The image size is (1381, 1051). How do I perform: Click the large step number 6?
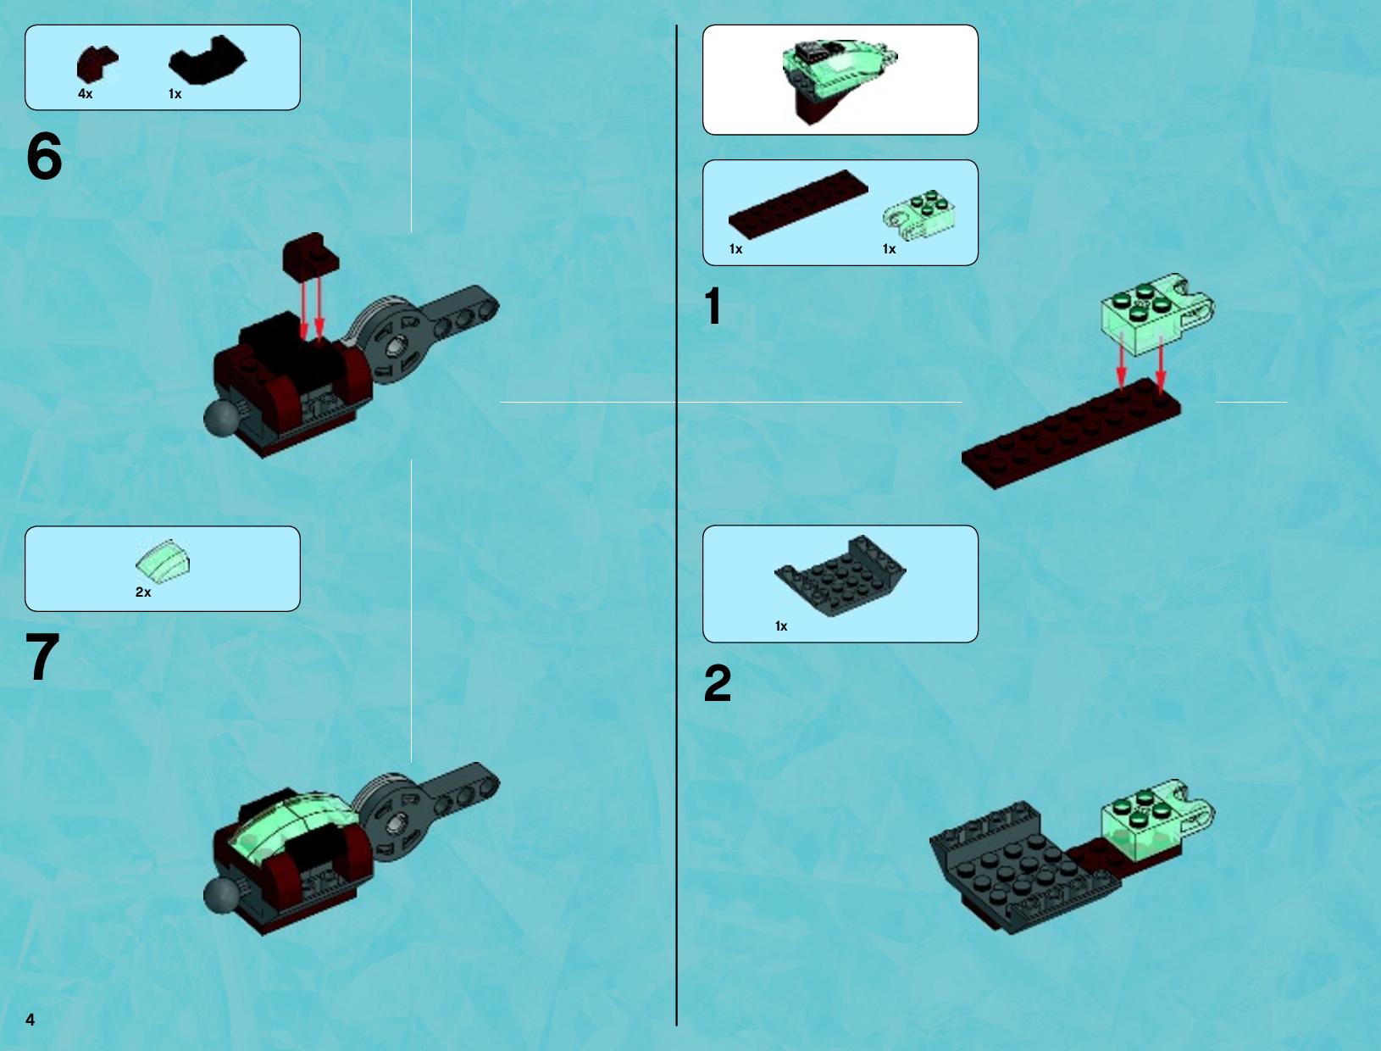44,155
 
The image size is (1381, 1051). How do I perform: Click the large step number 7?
42,656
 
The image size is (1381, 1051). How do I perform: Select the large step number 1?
713,306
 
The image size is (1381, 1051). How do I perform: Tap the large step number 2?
718,683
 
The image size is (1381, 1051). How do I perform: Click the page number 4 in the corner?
31,1020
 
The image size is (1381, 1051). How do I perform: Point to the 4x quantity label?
85,94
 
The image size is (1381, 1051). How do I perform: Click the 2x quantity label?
143,592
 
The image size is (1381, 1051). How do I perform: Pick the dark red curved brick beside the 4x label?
97,64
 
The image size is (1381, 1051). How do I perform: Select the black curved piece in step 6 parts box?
208,60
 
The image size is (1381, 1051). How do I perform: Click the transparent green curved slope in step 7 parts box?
163,560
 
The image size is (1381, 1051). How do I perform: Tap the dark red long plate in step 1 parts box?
798,204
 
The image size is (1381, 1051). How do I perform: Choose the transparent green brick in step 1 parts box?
919,214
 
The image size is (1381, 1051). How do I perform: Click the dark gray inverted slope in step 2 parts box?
840,576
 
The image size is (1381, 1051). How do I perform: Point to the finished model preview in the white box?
840,80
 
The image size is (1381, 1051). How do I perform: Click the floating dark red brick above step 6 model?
311,255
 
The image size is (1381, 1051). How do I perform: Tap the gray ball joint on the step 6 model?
221,416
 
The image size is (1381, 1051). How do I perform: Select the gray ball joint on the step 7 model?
221,894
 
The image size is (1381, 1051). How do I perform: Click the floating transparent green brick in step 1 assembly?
1157,314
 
